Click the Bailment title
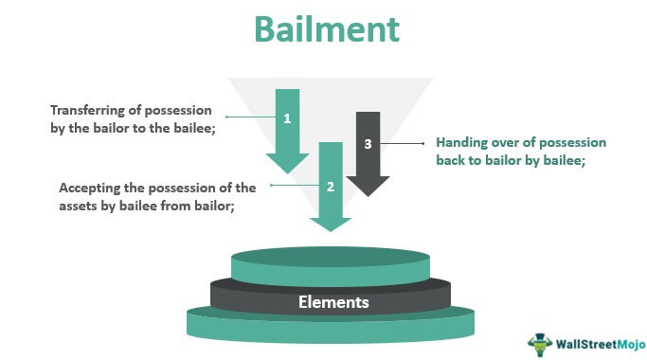(327, 29)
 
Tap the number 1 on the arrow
(287, 118)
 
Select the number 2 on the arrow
(330, 187)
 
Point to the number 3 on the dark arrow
(368, 144)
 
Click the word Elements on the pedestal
(333, 302)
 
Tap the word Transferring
(96, 111)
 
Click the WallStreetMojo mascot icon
(540, 344)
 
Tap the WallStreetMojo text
(601, 344)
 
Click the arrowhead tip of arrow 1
(288, 173)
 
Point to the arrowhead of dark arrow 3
(368, 187)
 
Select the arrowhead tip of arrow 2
(330, 231)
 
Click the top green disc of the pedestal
(331, 266)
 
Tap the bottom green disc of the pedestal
(331, 328)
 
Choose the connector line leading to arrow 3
(402, 144)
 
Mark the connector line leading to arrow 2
(295, 186)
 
